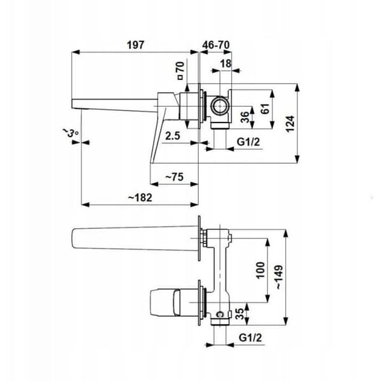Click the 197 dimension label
click(x=136, y=45)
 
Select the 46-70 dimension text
click(x=216, y=45)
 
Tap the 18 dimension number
click(x=225, y=63)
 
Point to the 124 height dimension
click(x=290, y=124)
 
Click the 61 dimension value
click(x=265, y=109)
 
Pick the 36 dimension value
click(x=245, y=117)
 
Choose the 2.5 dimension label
click(x=173, y=136)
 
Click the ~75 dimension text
click(x=175, y=177)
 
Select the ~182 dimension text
click(x=140, y=197)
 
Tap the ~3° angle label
click(x=70, y=133)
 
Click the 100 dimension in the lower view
click(x=260, y=271)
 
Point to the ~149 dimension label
click(x=279, y=277)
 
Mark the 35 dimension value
click(x=239, y=314)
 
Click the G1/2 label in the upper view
click(x=248, y=142)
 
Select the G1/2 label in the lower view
click(x=251, y=338)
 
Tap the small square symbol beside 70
click(x=180, y=77)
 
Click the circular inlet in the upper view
click(x=220, y=106)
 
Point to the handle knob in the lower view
click(x=165, y=302)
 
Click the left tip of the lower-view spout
click(x=72, y=238)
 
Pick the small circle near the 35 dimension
click(x=220, y=314)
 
